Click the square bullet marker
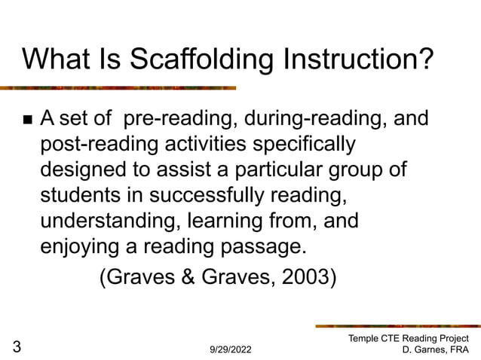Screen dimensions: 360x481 pyautogui.click(x=28, y=121)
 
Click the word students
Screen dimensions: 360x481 pyautogui.click(x=81, y=196)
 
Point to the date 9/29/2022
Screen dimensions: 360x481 pyautogui.click(x=231, y=350)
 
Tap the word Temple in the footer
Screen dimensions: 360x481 pyautogui.click(x=364, y=339)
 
